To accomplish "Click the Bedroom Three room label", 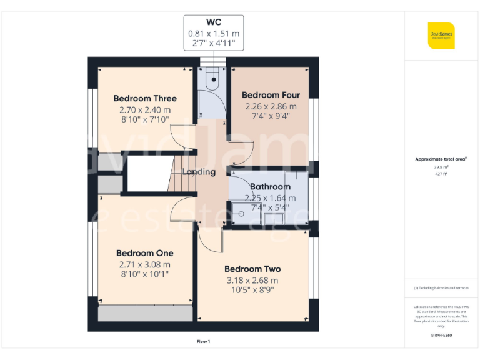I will coord(145,98).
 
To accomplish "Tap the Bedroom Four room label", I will coord(271,95).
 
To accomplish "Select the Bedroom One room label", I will coord(144,253).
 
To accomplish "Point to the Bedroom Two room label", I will coord(252,269).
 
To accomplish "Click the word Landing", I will coord(199,172).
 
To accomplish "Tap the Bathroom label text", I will coord(270,186).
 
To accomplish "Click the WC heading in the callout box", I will coord(214,22).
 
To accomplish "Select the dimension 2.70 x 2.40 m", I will coord(145,109).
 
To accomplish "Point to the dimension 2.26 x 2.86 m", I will coord(271,106).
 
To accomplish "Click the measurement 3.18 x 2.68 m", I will coord(252,281).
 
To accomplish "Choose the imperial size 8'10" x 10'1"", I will coord(144,274).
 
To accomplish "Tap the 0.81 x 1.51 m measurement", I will coord(214,34).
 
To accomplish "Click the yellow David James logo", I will coord(441,36).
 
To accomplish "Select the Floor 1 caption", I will coord(203,342).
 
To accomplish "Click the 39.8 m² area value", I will coord(441,167).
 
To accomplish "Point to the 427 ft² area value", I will coord(441,174).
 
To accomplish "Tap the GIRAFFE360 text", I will coord(441,336).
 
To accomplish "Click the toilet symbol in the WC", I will coord(214,78).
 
